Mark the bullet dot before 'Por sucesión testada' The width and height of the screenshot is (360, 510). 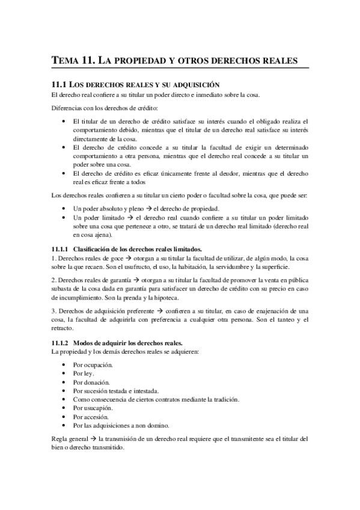pyautogui.click(x=65, y=390)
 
